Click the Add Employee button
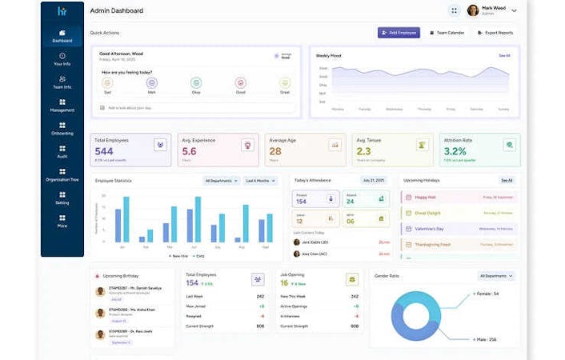399,33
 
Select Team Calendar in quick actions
447,33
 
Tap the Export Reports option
495,33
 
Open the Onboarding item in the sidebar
62,128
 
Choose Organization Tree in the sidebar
62,174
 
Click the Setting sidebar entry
62,198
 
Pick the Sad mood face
107,82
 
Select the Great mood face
285,82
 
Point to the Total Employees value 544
104,151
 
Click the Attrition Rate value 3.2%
455,151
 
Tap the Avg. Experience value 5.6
189,151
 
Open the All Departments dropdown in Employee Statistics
221,181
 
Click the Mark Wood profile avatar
473,10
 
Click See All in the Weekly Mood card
504,56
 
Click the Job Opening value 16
284,283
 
